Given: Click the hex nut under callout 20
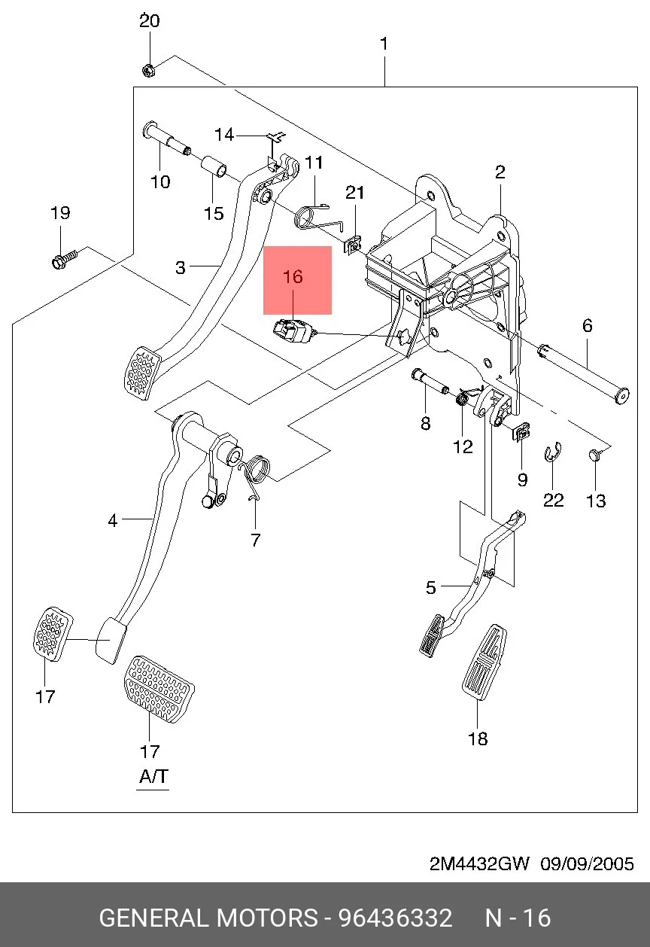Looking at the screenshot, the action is [x=147, y=70].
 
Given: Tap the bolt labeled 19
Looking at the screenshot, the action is [x=65, y=258].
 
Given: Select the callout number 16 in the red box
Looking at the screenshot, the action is [x=293, y=276].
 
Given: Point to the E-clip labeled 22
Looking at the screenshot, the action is [x=552, y=452].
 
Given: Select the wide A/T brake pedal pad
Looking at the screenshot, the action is [x=159, y=690].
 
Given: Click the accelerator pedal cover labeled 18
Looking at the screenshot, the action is [x=484, y=662].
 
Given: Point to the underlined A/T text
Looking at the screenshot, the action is [x=153, y=777].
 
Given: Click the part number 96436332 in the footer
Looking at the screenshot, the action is [x=395, y=918].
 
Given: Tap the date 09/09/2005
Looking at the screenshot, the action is [x=587, y=863].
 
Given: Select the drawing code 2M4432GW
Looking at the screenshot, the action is [x=478, y=863].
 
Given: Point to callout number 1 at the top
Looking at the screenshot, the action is [x=384, y=44].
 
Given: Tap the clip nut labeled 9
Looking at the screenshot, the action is [x=522, y=433].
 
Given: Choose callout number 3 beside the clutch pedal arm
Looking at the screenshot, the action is [x=181, y=267].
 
